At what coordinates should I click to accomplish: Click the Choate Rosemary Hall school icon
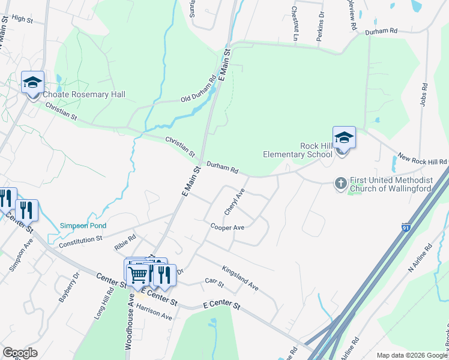click(x=32, y=82)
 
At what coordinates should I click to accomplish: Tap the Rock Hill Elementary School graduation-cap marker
click(x=344, y=137)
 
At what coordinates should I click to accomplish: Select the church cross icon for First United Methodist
click(x=340, y=183)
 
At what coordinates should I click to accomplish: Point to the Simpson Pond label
click(x=83, y=226)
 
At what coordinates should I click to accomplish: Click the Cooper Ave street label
click(x=227, y=227)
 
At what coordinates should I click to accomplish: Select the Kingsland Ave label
click(x=240, y=278)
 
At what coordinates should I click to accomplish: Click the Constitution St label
click(x=80, y=242)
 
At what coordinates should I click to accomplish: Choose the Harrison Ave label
click(x=154, y=312)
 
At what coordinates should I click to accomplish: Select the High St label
click(x=22, y=19)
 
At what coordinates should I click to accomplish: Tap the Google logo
click(x=20, y=353)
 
